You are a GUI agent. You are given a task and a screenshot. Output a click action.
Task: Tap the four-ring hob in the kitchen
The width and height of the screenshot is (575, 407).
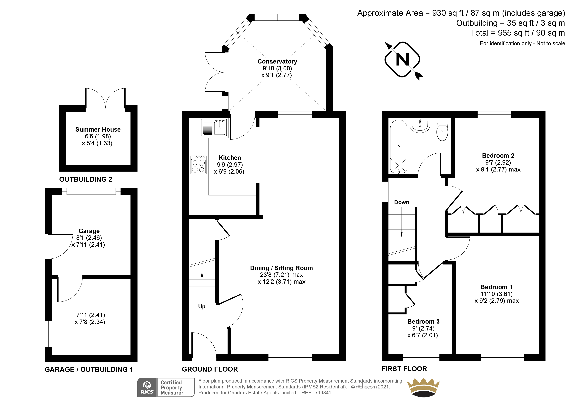[x=198, y=165]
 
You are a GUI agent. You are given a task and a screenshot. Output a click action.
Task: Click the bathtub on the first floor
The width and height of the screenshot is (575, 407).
[x=399, y=147]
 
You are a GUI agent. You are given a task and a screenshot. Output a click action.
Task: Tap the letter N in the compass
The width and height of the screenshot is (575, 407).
[x=402, y=60]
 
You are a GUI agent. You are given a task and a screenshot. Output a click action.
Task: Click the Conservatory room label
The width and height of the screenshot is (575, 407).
[x=277, y=61]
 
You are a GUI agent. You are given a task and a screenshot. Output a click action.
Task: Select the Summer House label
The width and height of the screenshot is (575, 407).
[x=98, y=129]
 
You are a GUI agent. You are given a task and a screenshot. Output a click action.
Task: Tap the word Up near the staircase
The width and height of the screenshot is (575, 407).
[x=202, y=306]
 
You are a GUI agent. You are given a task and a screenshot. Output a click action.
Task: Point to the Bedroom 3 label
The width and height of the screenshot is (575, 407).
[x=423, y=321]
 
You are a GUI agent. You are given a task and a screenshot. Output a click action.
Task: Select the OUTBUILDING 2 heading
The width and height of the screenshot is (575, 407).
[x=86, y=179]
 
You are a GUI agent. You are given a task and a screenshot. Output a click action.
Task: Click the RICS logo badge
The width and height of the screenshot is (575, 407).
[x=147, y=387]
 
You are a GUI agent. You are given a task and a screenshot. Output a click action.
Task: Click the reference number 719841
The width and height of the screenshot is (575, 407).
[x=323, y=393]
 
